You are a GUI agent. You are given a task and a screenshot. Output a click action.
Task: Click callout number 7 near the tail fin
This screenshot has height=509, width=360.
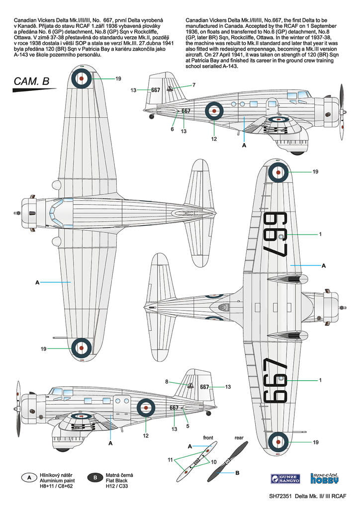click(x=194, y=85)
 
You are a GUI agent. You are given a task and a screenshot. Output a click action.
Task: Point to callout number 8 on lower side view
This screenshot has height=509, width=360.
click(x=167, y=382)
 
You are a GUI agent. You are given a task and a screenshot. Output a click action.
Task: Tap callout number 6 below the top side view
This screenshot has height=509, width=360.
click(x=172, y=129)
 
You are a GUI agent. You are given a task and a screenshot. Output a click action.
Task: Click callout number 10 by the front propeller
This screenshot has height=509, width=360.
click(x=214, y=462)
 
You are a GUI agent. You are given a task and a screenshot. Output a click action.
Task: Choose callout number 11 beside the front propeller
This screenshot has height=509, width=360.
click(x=170, y=460)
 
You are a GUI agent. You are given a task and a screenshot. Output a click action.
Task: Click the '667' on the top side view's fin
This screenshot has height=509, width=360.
click(x=155, y=90)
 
